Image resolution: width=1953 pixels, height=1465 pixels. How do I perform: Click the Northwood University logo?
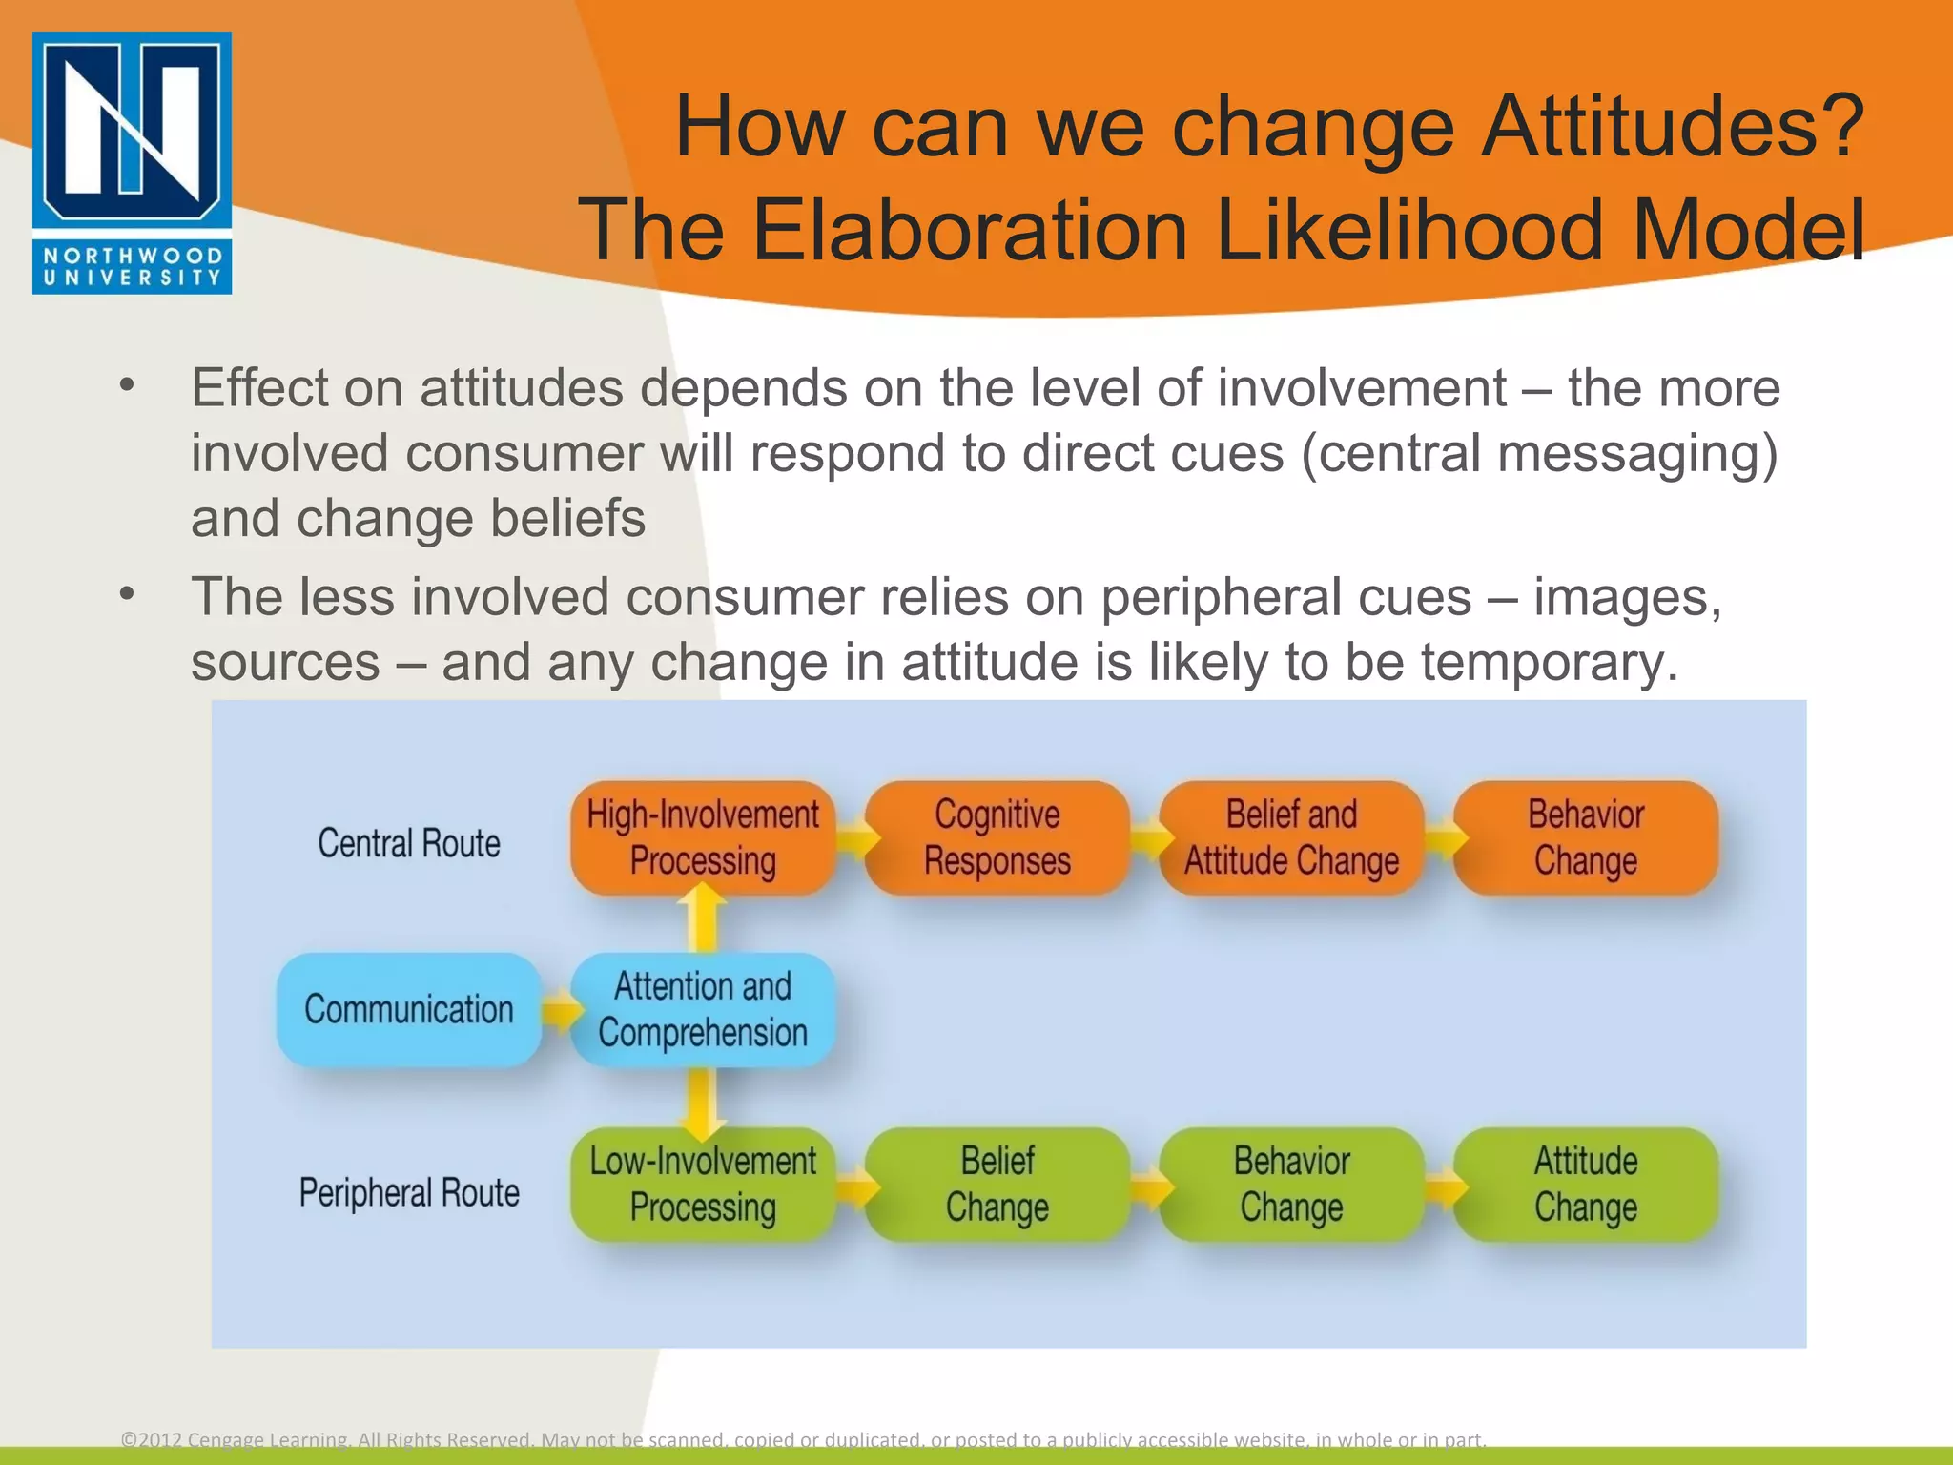[x=132, y=163]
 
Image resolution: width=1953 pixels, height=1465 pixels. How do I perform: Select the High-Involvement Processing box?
[x=703, y=837]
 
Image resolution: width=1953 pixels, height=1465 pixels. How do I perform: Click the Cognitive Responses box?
[x=997, y=837]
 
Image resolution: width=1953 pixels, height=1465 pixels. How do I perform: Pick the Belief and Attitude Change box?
[x=1290, y=837]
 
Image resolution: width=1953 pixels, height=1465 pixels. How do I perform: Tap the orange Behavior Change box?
[x=1585, y=837]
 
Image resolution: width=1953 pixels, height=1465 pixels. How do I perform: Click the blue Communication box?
[x=409, y=1009]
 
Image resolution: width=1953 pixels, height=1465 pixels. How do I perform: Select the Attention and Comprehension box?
[x=703, y=1009]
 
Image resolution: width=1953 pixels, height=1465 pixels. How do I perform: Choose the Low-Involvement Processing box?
[x=703, y=1184]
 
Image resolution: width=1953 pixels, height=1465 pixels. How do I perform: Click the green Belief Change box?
[x=997, y=1184]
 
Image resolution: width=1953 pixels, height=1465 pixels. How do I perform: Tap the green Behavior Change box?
[x=1290, y=1184]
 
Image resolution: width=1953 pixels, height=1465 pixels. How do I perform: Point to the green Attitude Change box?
[x=1585, y=1184]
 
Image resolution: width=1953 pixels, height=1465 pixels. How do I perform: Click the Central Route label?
[x=409, y=843]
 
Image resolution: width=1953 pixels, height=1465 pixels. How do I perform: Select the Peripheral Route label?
[x=409, y=1192]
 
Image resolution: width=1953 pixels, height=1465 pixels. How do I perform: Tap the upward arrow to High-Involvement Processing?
[x=703, y=918]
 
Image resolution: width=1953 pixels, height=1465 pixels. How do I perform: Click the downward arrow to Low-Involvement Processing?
[x=703, y=1102]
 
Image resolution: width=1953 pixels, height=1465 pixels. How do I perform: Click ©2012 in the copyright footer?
[x=151, y=1439]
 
